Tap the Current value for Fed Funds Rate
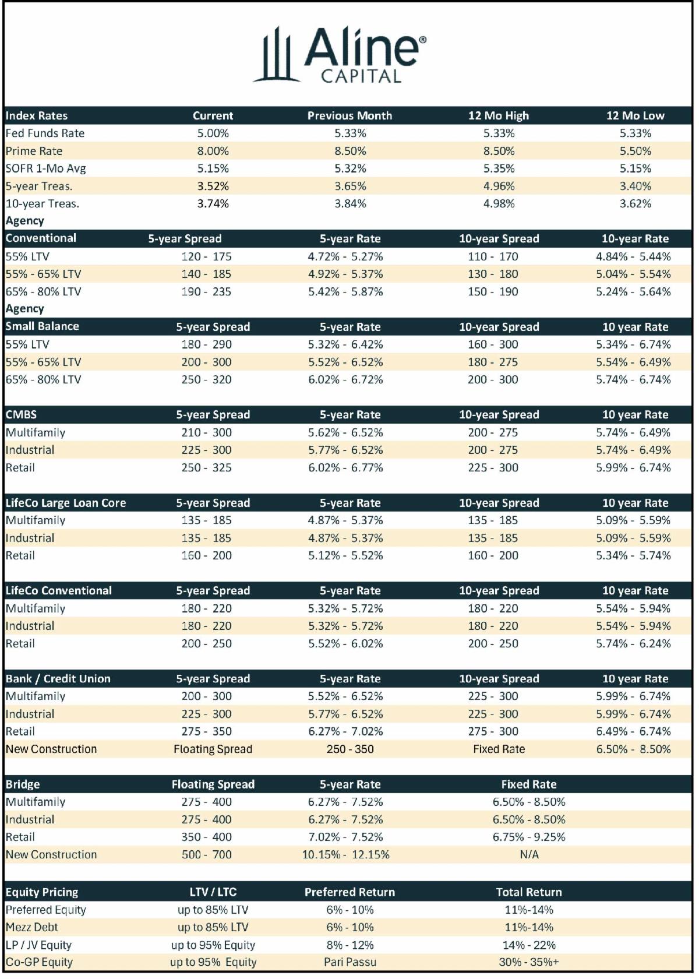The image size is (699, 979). coord(213,133)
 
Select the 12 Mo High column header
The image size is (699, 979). coord(499,115)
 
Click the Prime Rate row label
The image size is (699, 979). coord(34,151)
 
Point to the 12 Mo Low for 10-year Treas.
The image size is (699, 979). coord(635,203)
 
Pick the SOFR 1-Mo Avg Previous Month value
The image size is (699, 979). coord(350,168)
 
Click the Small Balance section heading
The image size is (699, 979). coord(42,326)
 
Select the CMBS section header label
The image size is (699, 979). coord(21,414)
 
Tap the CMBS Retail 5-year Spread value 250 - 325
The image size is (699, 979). coord(207,467)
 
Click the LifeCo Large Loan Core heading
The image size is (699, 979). coord(65,502)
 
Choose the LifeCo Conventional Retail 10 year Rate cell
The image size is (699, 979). coord(634,643)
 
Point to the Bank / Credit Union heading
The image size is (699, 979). coord(58,678)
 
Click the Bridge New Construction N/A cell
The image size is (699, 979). coord(529,854)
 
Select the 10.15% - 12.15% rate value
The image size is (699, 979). coord(345,854)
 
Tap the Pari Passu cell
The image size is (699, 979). coord(350,962)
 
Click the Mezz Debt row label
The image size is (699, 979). coord(32,927)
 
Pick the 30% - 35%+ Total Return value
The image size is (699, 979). coord(529,962)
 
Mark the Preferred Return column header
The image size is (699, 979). coord(349,892)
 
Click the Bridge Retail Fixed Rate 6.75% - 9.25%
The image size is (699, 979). coord(529,837)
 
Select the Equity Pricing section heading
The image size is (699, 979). coord(41,892)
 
